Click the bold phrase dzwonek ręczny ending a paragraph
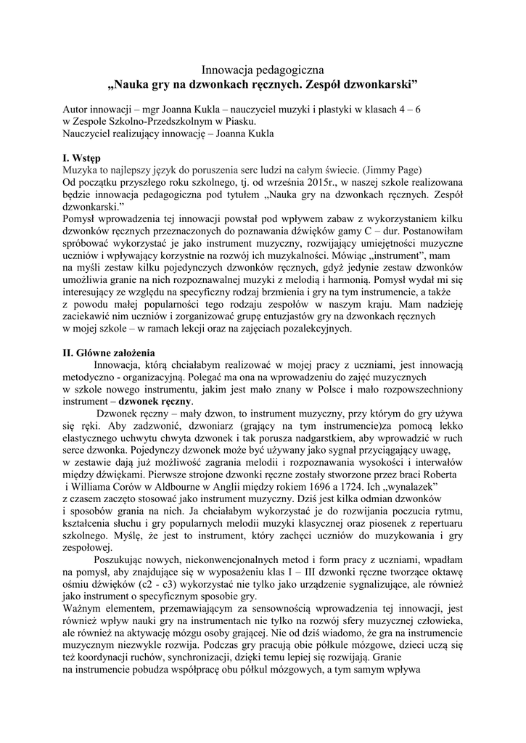[156, 401]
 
